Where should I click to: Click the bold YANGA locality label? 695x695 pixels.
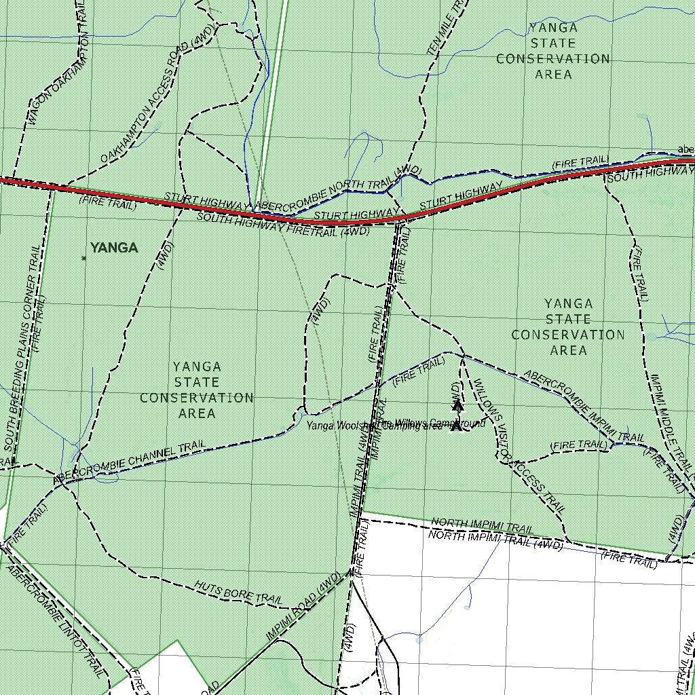[114, 248]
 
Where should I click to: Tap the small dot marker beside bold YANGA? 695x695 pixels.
[84, 259]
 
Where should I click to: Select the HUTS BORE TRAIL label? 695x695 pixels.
[238, 592]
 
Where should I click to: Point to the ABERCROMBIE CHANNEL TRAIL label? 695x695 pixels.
[129, 463]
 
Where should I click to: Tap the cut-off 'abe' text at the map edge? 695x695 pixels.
[685, 150]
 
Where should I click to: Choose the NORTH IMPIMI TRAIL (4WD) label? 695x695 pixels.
[495, 540]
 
